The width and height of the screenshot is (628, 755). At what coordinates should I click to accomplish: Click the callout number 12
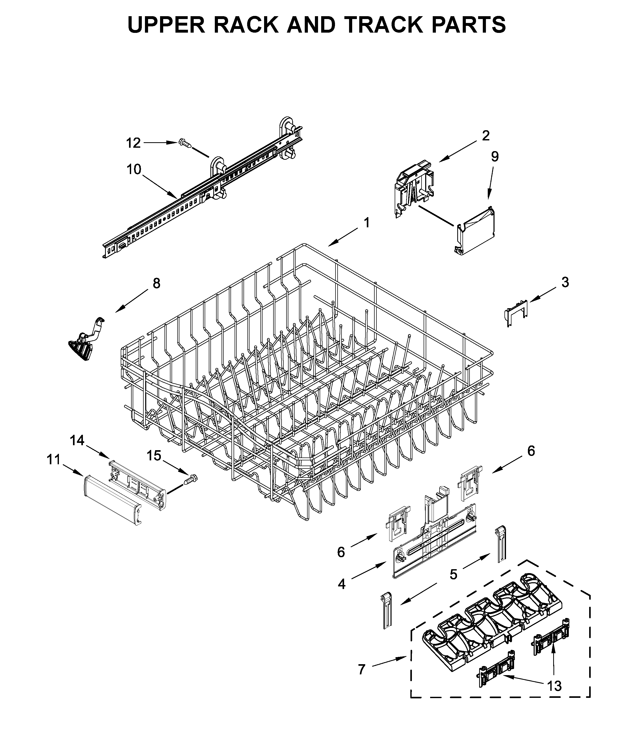point(133,143)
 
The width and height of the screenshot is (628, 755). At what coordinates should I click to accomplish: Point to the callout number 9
point(495,157)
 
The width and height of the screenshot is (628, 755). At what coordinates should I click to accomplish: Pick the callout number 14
point(77,440)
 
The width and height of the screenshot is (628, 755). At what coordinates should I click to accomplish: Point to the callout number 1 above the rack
point(367,223)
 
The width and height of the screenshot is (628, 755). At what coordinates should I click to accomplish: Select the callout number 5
point(454,574)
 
